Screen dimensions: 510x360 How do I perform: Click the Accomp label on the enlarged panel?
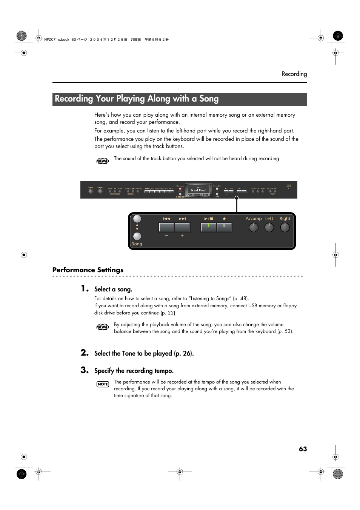click(253, 219)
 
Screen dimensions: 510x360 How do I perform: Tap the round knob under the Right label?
click(285, 227)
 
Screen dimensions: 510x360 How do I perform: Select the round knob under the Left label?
click(269, 227)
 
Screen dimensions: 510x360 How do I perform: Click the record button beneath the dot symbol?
click(224, 228)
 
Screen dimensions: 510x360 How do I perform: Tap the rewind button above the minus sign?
click(166, 228)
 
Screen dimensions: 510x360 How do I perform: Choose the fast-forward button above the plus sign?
click(182, 228)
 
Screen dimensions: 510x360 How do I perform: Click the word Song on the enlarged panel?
click(137, 244)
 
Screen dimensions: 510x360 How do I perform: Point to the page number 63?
click(303, 449)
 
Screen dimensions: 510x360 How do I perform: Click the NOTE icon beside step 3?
click(103, 384)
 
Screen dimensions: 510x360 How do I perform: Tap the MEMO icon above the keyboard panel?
click(103, 161)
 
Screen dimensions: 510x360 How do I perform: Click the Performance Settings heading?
click(88, 270)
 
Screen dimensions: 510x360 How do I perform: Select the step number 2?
click(85, 353)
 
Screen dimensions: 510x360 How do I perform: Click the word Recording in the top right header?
click(294, 74)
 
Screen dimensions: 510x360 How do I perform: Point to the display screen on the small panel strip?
click(199, 190)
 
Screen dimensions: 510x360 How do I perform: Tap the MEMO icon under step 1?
click(103, 327)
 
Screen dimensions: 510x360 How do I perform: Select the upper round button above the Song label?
click(137, 219)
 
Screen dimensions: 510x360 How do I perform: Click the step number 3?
click(85, 370)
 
